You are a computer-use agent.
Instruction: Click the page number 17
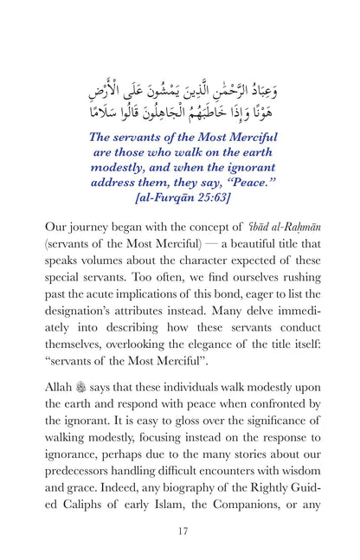180,531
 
